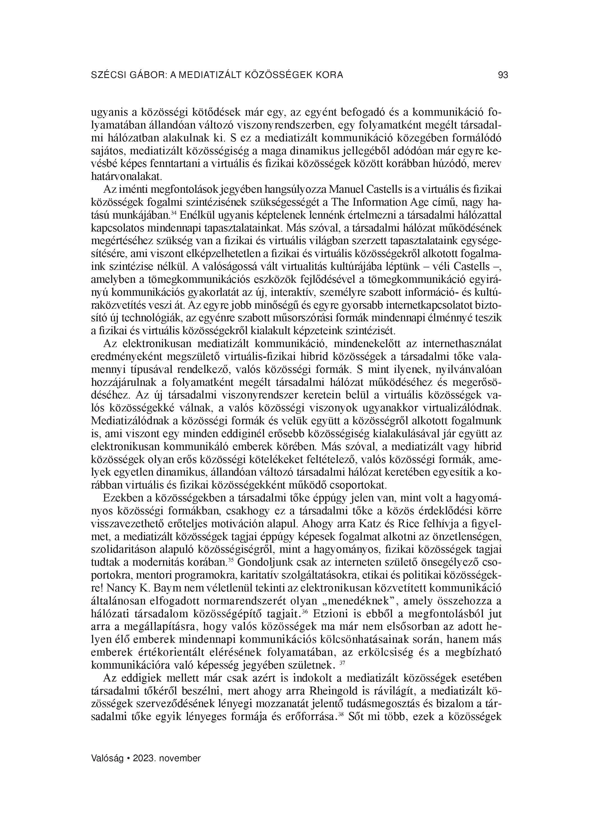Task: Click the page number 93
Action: click(x=503, y=75)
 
